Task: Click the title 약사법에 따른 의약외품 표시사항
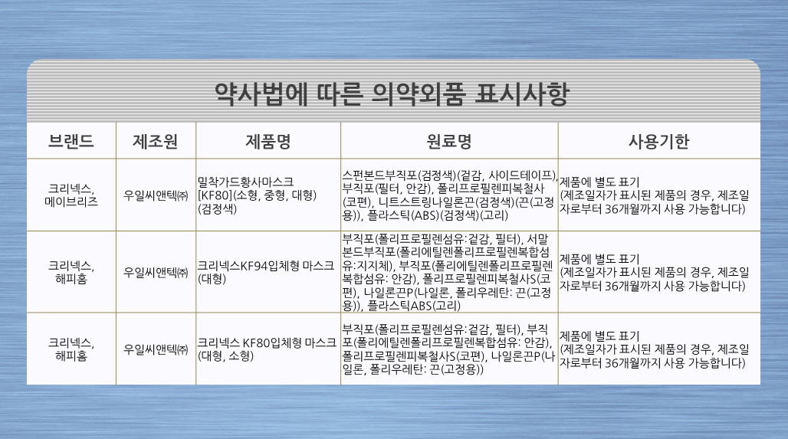click(392, 94)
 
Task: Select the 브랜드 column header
click(71, 141)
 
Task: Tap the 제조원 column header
click(156, 141)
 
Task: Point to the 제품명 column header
click(268, 141)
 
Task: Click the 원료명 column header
click(448, 141)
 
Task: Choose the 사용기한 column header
click(659, 141)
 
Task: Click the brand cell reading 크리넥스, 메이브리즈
click(71, 195)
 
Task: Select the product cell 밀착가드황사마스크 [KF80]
click(257, 195)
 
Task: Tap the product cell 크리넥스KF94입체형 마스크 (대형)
click(265, 272)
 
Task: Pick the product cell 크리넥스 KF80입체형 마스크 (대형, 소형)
click(266, 349)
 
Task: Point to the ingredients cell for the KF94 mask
click(447, 272)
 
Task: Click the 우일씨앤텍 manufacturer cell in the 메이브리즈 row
click(156, 195)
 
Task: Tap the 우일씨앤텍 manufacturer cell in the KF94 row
click(156, 272)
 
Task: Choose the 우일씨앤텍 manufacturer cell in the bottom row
click(156, 349)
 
